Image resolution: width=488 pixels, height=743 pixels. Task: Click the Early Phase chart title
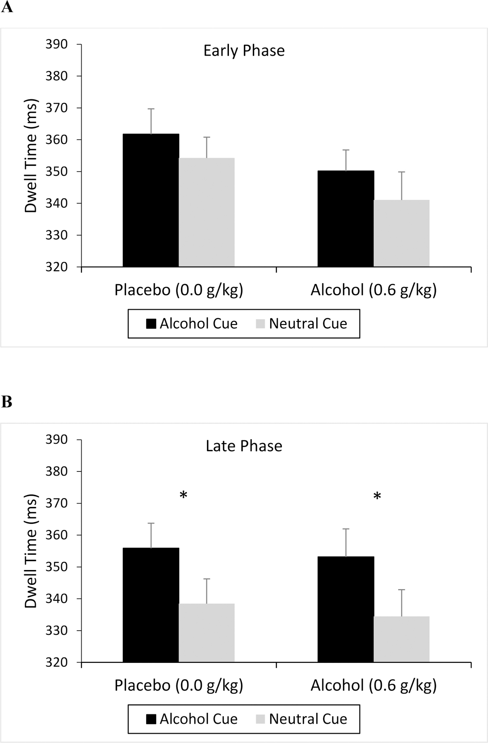(244, 51)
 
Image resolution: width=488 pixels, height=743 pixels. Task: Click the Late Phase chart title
(244, 446)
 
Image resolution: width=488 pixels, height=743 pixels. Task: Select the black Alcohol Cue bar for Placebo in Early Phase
(151, 200)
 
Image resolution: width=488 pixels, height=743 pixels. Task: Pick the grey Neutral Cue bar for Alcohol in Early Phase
(402, 233)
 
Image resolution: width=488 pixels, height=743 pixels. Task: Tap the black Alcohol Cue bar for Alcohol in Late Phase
(346, 609)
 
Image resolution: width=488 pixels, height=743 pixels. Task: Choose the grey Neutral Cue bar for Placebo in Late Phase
(207, 633)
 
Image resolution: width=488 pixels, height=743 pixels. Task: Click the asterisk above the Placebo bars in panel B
(183, 495)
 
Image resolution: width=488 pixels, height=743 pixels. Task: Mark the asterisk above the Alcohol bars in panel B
(377, 497)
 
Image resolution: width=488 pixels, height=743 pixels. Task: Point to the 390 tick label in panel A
(56, 44)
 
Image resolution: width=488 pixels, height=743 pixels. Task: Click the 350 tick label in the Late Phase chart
(56, 567)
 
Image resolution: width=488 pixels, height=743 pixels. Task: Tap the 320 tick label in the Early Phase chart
(56, 267)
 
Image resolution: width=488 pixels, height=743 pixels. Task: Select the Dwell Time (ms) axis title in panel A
(31, 156)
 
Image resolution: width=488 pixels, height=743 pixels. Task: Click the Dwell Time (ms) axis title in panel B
(31, 551)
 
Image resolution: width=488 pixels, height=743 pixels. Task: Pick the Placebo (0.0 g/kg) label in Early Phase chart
(179, 290)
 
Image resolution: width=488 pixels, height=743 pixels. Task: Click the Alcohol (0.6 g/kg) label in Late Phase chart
(374, 686)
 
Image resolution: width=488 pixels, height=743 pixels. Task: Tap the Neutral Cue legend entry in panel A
(302, 324)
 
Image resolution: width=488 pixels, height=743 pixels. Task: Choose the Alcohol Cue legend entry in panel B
(192, 719)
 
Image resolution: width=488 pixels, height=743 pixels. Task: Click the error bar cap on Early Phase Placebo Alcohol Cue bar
(151, 109)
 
